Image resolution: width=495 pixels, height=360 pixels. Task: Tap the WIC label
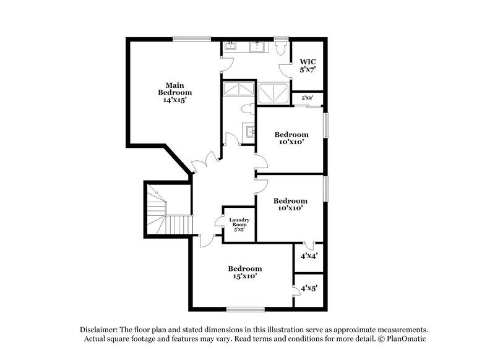(308, 66)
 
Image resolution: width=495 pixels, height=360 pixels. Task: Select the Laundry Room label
(238, 223)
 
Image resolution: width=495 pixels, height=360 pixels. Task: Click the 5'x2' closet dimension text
(308, 98)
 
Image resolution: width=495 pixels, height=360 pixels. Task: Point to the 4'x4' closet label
(308, 255)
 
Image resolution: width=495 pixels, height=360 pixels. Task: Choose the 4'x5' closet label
(308, 288)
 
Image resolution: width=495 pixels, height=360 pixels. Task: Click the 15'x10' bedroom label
(244, 272)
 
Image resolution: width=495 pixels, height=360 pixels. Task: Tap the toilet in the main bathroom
(280, 47)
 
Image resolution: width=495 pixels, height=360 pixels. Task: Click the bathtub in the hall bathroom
(238, 89)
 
